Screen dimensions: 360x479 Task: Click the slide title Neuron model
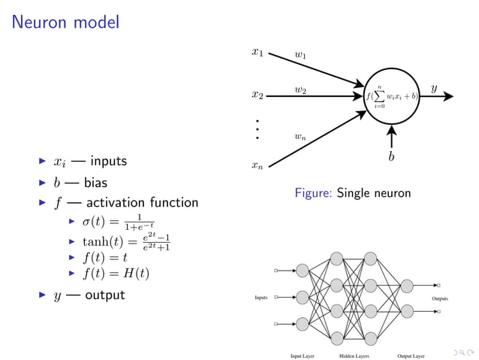tap(65, 23)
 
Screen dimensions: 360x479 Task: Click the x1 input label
tap(257, 53)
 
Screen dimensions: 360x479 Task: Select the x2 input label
tap(257, 95)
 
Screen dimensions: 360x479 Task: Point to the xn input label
tap(257, 165)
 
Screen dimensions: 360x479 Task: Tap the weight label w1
tap(300, 55)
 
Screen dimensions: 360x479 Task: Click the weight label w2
tap(300, 90)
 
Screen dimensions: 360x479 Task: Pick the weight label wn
tap(300, 137)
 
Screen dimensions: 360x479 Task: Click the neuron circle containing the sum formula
tap(391, 97)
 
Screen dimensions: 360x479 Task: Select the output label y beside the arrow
tap(434, 89)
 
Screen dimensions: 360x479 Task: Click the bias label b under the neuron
tap(391, 157)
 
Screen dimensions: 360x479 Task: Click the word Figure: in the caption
tap(314, 194)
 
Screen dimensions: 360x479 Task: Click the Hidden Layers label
tap(354, 355)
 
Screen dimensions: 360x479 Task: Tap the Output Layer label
tap(411, 355)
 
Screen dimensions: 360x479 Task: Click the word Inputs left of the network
tap(261, 298)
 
